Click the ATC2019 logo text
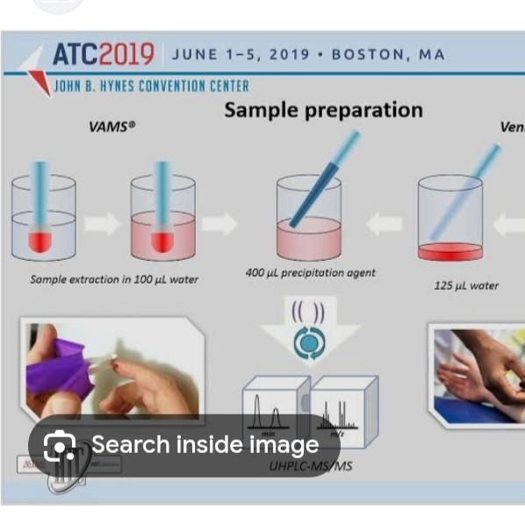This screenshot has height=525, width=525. (103, 54)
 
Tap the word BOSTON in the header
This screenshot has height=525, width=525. (374, 54)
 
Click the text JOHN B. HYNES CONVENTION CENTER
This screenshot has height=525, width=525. (151, 86)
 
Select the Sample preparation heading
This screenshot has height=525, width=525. (322, 110)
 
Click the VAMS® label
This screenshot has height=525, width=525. (112, 126)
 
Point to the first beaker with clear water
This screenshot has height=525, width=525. (43, 219)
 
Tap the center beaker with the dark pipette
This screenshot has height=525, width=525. (308, 219)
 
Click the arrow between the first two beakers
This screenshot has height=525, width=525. (103, 224)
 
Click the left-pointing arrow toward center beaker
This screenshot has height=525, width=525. (383, 225)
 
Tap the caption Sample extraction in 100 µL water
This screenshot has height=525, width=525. (114, 279)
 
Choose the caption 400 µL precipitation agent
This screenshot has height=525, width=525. (310, 273)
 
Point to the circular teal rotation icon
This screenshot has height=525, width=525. (308, 344)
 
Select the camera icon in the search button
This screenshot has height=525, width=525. (60, 446)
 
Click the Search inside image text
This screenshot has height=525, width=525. (205, 445)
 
